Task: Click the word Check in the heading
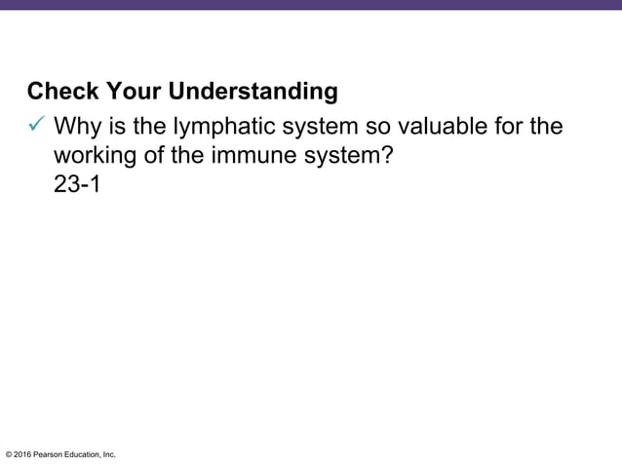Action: point(60,93)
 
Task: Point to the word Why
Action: point(78,127)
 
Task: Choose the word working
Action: point(97,156)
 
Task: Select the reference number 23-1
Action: point(77,184)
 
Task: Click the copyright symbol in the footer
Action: point(9,454)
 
